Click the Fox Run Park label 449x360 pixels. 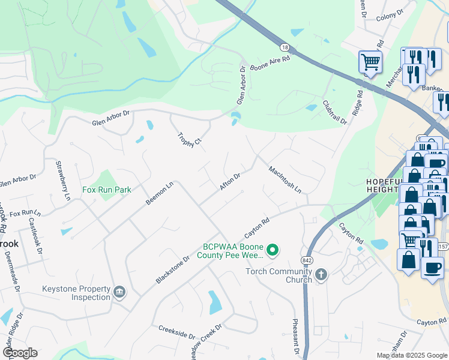click(106, 190)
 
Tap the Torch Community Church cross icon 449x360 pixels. click(321, 275)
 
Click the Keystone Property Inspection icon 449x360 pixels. click(119, 292)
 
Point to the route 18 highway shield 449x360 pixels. click(285, 47)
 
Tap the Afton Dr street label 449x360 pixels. click(230, 182)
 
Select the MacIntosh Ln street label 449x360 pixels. click(285, 179)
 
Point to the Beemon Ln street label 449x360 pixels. click(160, 194)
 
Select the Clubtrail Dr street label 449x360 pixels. click(335, 112)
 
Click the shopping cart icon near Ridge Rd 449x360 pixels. click(370, 61)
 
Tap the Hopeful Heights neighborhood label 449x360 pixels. click(382, 185)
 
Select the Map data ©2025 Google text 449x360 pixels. click(412, 355)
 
